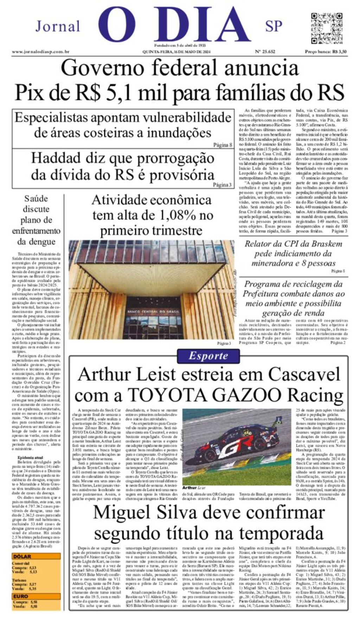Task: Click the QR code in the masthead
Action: [x=326, y=28]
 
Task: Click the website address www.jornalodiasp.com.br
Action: [x=40, y=52]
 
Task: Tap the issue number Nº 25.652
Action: [x=265, y=52]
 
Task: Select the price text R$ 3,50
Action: [x=339, y=52]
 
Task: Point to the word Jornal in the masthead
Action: [x=58, y=26]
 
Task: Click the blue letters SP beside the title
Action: [x=274, y=26]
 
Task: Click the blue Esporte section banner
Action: [x=208, y=356]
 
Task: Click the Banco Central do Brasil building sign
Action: [x=153, y=312]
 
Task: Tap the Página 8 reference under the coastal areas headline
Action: [x=223, y=145]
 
